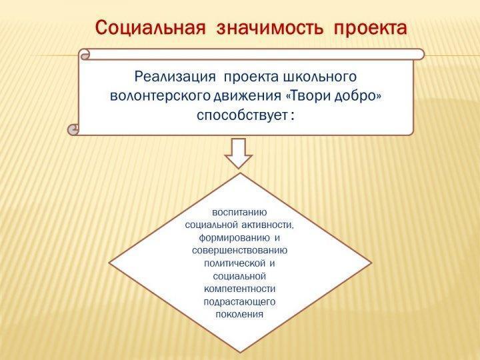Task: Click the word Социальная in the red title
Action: [x=150, y=28]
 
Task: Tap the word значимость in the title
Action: [x=270, y=29]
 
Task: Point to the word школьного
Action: [x=319, y=77]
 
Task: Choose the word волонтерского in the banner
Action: [x=160, y=96]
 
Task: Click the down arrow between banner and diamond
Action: [x=239, y=153]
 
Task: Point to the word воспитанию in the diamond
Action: [x=239, y=213]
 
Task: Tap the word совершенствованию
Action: [x=240, y=251]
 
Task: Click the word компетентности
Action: [x=240, y=289]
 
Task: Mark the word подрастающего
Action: [x=240, y=302]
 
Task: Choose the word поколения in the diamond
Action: [x=239, y=315]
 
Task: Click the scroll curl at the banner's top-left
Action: [x=85, y=55]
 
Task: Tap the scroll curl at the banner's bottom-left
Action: [x=73, y=130]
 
